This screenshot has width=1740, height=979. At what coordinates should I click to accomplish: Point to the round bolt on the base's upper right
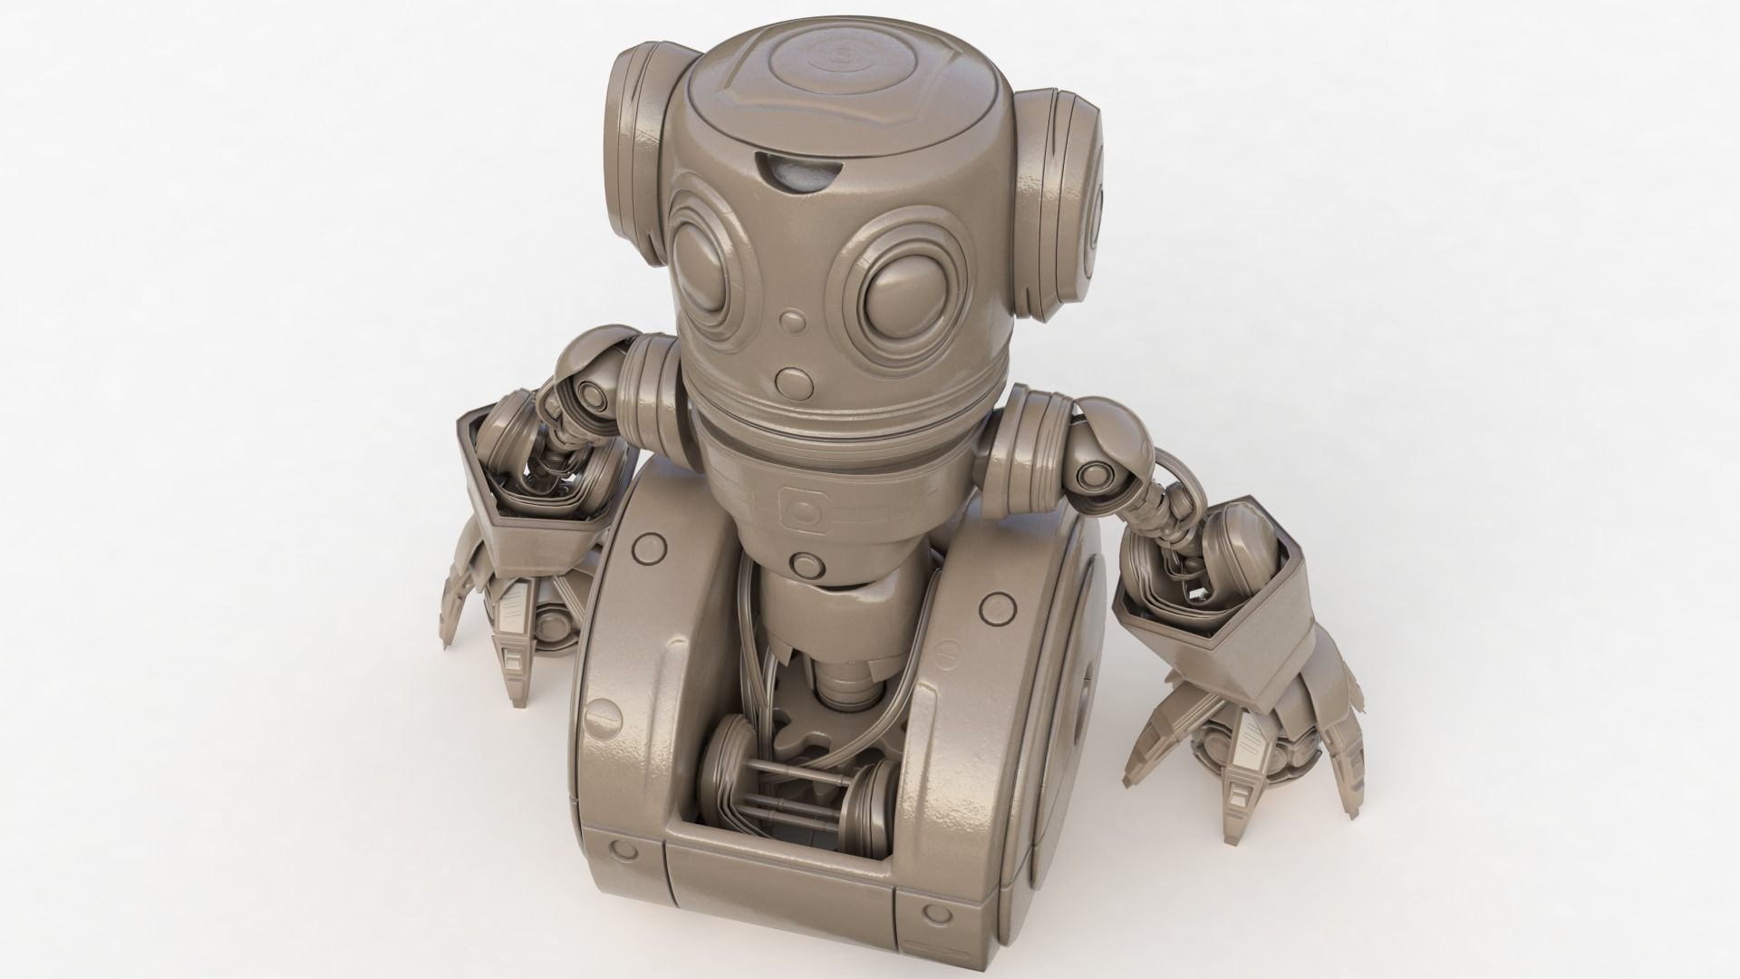997,603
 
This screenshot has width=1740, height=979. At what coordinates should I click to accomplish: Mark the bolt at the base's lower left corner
623,850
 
